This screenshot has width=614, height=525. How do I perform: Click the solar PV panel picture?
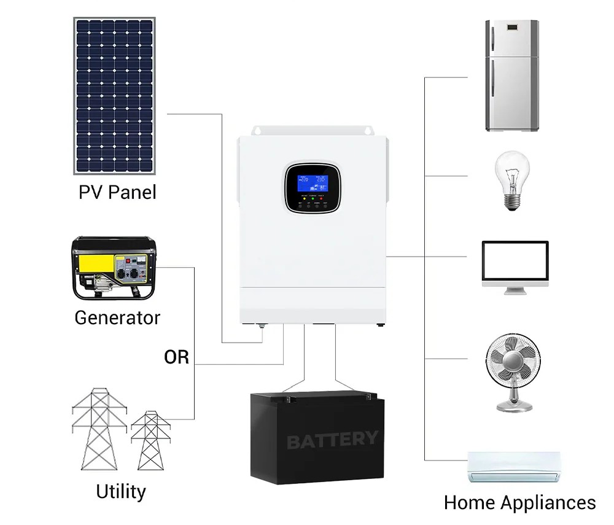click(115, 96)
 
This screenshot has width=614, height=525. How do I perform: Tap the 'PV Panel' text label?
click(117, 192)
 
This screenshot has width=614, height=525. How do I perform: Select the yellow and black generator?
click(114, 268)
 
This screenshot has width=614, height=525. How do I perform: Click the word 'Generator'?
click(117, 317)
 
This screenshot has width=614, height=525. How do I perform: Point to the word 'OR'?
click(177, 357)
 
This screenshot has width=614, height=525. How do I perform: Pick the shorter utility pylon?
click(150, 440)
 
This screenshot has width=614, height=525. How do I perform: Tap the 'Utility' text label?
click(121, 492)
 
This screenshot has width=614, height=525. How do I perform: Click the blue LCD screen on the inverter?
click(312, 182)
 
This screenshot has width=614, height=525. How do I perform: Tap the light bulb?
click(513, 181)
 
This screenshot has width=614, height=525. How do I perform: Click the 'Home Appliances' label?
click(519, 502)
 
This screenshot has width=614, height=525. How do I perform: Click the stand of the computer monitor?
click(515, 288)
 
